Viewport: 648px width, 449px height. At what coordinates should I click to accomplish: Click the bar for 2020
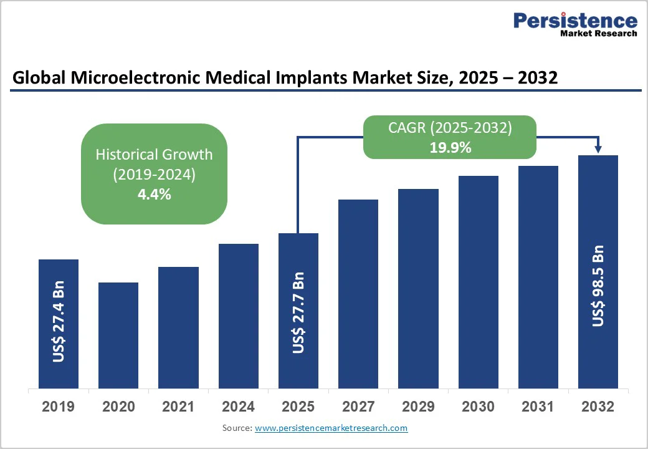click(x=118, y=335)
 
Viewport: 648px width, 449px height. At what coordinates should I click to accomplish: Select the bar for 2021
click(x=178, y=327)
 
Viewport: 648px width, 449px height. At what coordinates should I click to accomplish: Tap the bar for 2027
click(x=358, y=294)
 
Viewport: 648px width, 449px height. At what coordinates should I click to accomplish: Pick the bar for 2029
click(x=418, y=288)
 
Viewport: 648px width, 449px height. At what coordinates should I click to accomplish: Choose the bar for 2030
click(x=479, y=282)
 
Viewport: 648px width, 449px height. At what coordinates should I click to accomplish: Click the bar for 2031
click(x=538, y=277)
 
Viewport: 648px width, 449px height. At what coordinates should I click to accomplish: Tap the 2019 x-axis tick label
click(x=58, y=407)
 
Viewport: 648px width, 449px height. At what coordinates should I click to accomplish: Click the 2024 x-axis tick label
click(x=238, y=407)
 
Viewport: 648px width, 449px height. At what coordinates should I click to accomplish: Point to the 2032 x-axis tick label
click(x=598, y=407)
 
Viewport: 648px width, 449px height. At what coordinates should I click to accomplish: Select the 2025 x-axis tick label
click(x=298, y=407)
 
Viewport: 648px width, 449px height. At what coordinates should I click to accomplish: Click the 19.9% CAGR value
click(x=450, y=148)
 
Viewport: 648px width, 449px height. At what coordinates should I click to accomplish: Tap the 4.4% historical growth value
click(x=154, y=194)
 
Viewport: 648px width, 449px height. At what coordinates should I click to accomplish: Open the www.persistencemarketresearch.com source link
click(x=331, y=428)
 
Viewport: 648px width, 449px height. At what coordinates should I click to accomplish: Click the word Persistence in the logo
click(x=575, y=21)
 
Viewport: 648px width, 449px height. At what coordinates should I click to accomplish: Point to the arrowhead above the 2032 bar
click(x=598, y=149)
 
